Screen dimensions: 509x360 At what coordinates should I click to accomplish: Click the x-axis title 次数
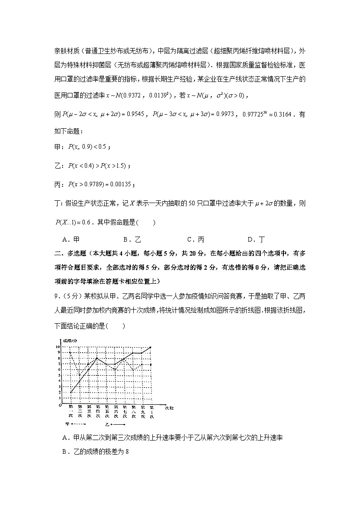(169, 407)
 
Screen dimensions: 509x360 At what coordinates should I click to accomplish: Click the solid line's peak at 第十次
(151, 347)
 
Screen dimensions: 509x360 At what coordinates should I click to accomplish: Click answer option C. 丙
(195, 240)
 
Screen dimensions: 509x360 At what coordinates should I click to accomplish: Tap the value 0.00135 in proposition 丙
(120, 184)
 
